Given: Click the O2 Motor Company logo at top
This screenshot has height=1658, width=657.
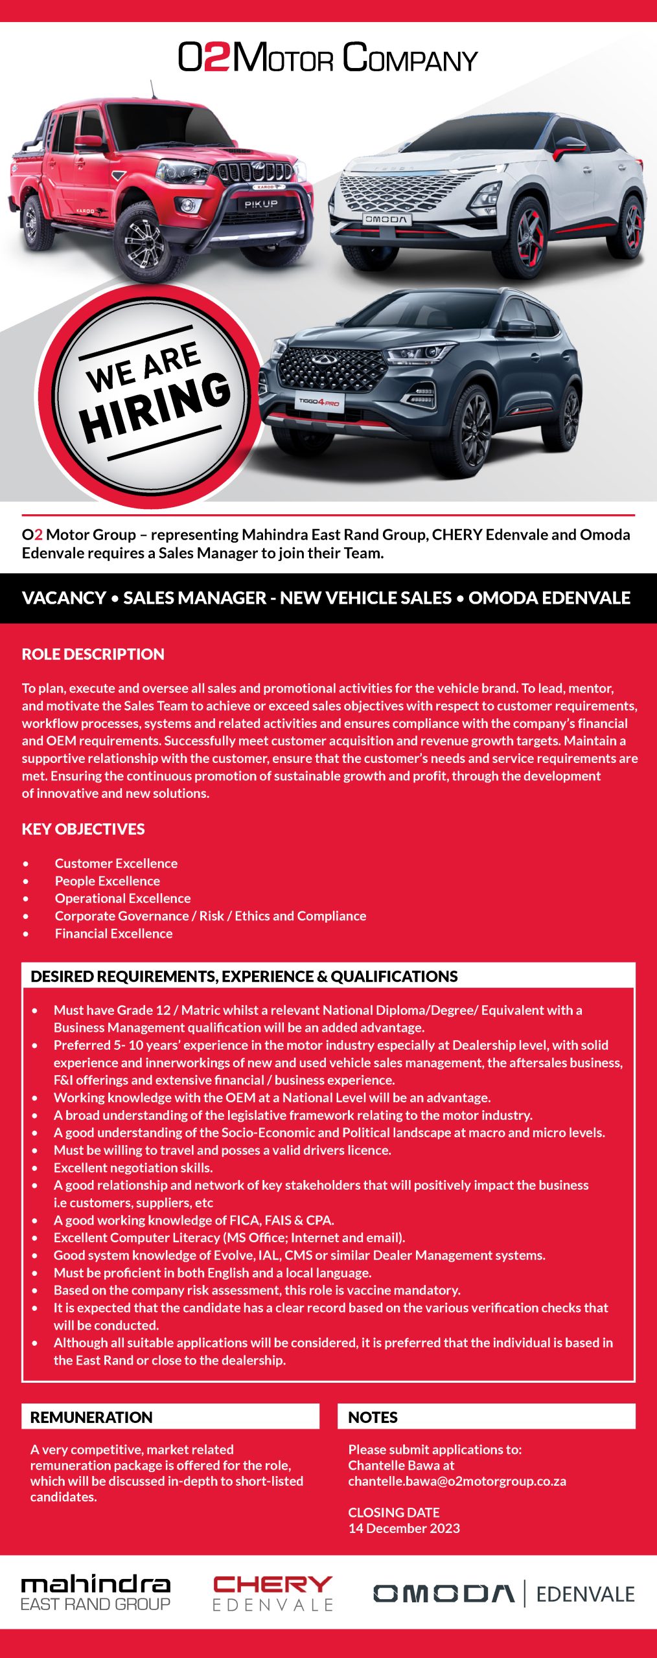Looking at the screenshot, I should pyautogui.click(x=328, y=58).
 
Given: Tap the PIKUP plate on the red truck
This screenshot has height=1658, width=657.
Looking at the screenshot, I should pyautogui.click(x=260, y=204).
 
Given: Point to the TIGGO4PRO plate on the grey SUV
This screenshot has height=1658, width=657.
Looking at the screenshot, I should pyautogui.click(x=318, y=402).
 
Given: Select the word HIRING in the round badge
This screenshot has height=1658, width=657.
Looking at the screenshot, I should pyautogui.click(x=156, y=409).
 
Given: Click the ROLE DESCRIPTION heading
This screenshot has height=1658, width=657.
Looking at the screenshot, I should pyautogui.click(x=93, y=654).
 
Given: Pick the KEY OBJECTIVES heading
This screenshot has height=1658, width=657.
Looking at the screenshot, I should pyautogui.click(x=84, y=829).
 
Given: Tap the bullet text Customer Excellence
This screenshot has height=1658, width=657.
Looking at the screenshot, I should pyautogui.click(x=116, y=863).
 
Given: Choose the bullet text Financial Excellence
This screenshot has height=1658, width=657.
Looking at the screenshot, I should pyautogui.click(x=113, y=933).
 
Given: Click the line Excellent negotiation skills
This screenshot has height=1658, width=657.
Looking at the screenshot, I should pyautogui.click(x=133, y=1168).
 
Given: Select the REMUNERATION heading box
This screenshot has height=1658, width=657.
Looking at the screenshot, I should pyautogui.click(x=170, y=1417).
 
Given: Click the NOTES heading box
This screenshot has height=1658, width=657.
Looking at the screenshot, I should pyautogui.click(x=486, y=1417).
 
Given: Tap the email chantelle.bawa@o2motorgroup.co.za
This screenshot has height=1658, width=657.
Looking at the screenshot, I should pyautogui.click(x=457, y=1481).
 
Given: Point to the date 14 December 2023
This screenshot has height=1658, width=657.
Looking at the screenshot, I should pyautogui.click(x=404, y=1528).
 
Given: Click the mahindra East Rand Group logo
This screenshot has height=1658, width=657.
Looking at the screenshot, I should pyautogui.click(x=96, y=1593).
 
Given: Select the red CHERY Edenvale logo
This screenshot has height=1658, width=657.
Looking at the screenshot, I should pyautogui.click(x=272, y=1593).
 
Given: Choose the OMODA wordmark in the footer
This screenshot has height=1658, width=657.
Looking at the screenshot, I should pyautogui.click(x=444, y=1593).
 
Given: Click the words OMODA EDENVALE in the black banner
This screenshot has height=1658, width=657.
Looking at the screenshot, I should pyautogui.click(x=549, y=598).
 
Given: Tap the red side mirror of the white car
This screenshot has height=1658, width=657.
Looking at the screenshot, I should pyautogui.click(x=568, y=150).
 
